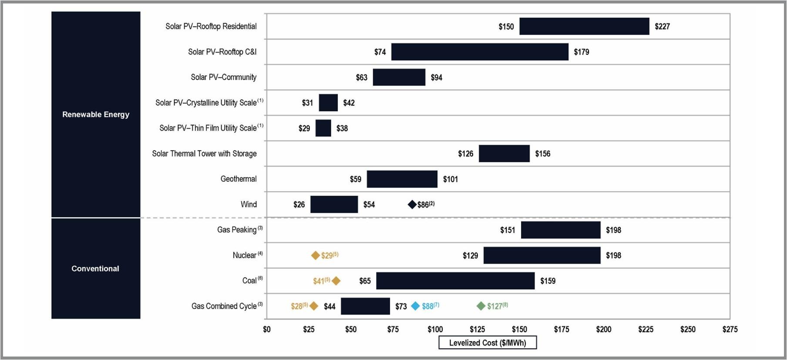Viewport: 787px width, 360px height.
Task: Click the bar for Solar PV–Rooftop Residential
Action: pos(584,26)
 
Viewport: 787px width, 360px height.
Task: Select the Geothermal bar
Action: pos(402,179)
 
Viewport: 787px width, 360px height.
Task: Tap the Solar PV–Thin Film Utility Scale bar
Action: pos(323,128)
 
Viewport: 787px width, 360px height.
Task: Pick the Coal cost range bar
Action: pos(455,281)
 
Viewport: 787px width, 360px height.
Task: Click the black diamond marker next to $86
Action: pos(412,205)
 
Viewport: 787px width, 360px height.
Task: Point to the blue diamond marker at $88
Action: pos(415,306)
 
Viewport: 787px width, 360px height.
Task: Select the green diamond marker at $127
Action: pos(481,306)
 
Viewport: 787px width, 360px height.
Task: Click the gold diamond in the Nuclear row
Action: pos(316,256)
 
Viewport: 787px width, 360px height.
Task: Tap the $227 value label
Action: pos(662,27)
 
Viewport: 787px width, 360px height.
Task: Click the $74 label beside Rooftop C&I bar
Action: pos(380,52)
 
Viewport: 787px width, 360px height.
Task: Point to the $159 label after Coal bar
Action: pos(548,281)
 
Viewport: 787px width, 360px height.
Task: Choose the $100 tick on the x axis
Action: pos(435,330)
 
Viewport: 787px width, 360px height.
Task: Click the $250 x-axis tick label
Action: pos(688,330)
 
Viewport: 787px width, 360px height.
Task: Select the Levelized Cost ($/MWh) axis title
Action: pos(487,343)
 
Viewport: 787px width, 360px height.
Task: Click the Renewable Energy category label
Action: pos(96,114)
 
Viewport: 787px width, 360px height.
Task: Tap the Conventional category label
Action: pos(95,269)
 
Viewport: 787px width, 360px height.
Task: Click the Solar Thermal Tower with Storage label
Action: pos(204,154)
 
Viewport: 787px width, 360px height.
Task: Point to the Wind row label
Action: pos(249,205)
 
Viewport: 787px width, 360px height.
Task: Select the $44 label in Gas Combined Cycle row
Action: pos(330,306)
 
